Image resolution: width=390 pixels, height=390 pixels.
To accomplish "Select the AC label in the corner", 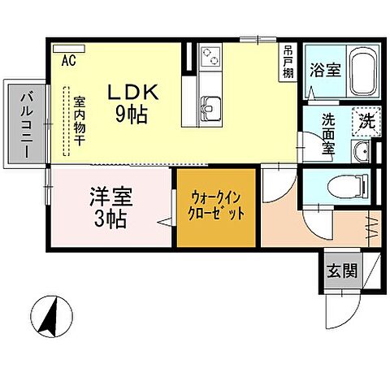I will [x=68, y=60].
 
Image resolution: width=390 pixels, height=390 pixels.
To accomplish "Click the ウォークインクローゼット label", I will [x=218, y=206].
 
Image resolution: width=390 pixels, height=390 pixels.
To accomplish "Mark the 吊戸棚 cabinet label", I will [x=288, y=60].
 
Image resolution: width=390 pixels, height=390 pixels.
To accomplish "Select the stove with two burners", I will [x=209, y=58].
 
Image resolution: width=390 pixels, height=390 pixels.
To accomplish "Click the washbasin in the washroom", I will [x=362, y=151].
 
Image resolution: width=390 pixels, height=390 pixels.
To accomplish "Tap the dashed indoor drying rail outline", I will [x=67, y=122].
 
